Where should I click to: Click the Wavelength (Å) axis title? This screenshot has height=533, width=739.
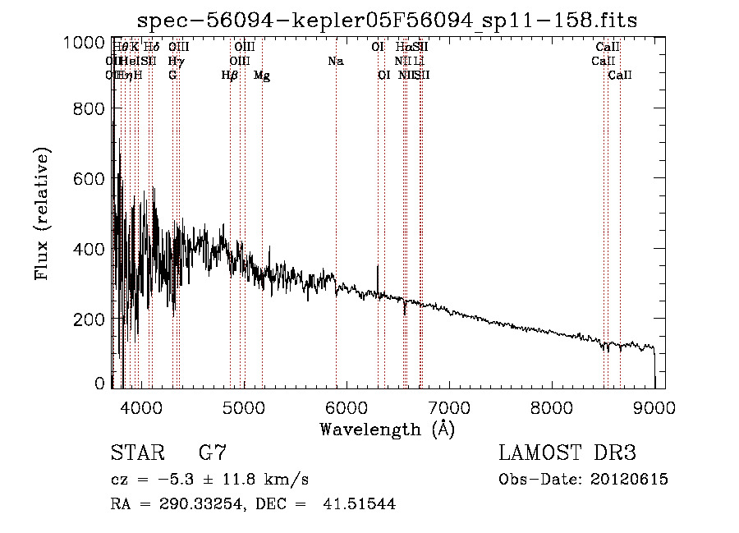point(387,428)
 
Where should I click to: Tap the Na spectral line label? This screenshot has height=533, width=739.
point(335,61)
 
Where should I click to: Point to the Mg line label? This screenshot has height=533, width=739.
point(262,76)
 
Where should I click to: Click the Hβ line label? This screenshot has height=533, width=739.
point(230,76)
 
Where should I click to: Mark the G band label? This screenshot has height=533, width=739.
point(172,76)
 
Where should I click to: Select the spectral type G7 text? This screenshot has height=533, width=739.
point(213,453)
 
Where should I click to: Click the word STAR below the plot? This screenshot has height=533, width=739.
point(135,453)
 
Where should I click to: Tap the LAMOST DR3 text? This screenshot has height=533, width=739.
point(567,453)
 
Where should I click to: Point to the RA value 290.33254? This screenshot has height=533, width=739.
point(202,504)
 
